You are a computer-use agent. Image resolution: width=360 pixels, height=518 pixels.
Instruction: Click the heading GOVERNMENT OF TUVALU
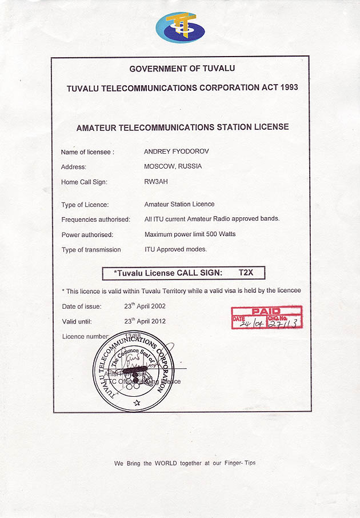click(182, 69)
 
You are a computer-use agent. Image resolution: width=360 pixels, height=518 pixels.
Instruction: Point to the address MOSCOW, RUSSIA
click(173, 167)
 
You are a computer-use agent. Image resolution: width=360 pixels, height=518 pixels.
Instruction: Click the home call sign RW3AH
click(156, 182)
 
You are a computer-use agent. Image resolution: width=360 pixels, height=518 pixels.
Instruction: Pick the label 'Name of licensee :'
click(87, 152)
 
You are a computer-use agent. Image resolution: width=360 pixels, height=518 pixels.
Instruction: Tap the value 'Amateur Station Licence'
click(179, 204)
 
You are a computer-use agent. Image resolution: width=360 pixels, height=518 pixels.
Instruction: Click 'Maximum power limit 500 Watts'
click(190, 234)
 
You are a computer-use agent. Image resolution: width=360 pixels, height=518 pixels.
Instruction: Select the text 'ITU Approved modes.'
click(175, 249)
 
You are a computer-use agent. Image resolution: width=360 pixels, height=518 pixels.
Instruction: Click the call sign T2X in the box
click(246, 273)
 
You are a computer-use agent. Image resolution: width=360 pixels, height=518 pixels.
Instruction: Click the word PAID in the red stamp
click(266, 311)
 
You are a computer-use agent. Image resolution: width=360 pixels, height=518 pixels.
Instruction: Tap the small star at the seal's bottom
click(136, 403)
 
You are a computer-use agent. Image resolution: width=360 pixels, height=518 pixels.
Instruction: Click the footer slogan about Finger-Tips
click(185, 463)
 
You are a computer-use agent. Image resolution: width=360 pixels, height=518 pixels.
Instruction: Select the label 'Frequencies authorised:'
click(95, 220)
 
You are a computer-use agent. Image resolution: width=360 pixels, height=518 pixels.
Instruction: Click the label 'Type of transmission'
click(91, 249)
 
